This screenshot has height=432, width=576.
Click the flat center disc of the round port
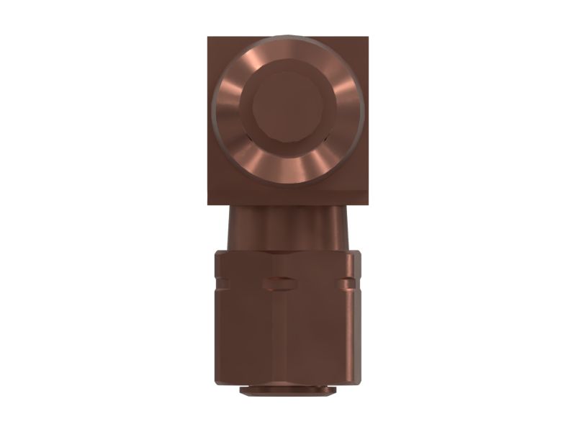click(288, 110)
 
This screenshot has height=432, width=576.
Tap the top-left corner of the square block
click(209, 37)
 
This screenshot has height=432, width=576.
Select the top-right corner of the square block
click(368, 37)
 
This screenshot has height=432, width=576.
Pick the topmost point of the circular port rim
click(288, 33)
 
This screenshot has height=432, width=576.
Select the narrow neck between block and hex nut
click(288, 227)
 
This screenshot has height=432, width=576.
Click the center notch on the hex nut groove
click(282, 279)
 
